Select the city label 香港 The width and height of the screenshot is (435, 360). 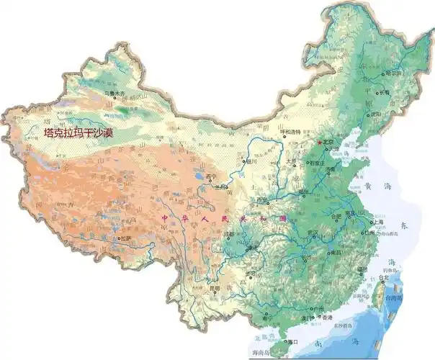pyautogui.click(x=327, y=318)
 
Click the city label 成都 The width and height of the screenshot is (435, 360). pyautogui.click(x=229, y=234)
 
